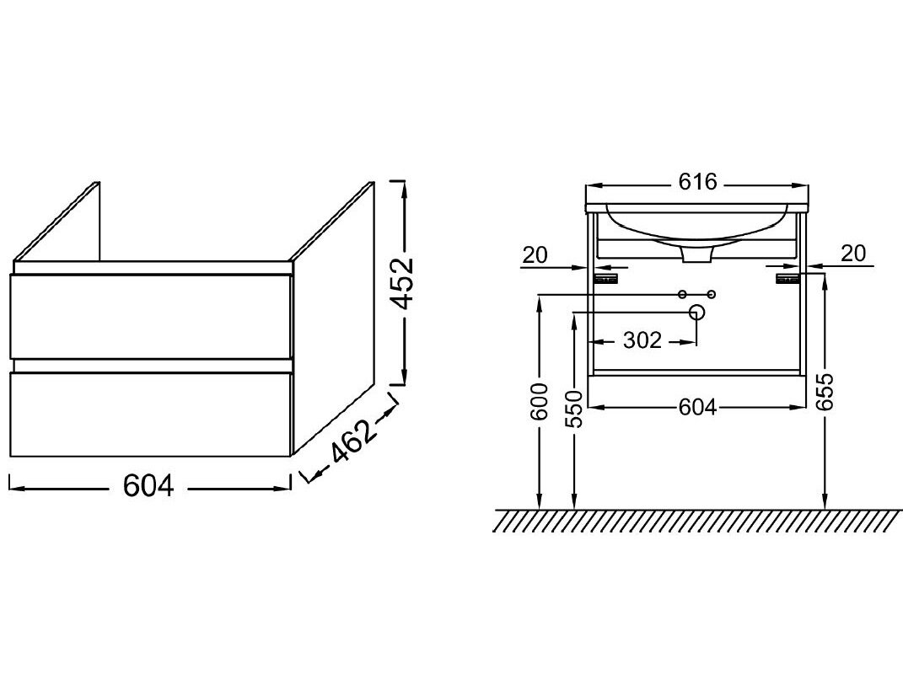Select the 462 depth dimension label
click(x=353, y=441)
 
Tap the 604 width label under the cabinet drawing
click(x=148, y=487)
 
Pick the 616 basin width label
click(x=697, y=182)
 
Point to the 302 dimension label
click(x=642, y=340)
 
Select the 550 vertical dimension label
click(x=574, y=409)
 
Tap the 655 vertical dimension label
click(x=825, y=392)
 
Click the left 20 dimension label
click(x=535, y=254)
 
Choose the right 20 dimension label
click(x=852, y=253)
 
